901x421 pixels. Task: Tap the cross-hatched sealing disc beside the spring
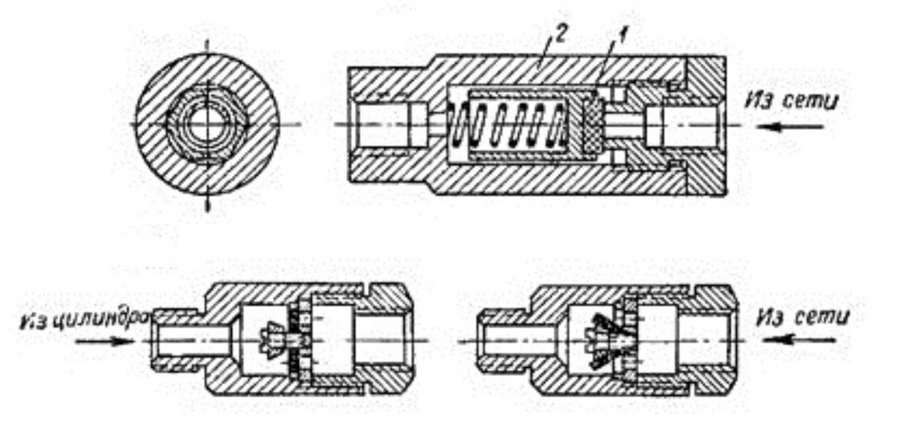[592, 126]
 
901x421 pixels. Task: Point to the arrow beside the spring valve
[790, 127]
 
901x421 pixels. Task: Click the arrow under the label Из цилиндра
[105, 341]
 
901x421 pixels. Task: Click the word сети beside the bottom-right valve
[822, 318]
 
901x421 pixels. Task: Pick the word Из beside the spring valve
[760, 102]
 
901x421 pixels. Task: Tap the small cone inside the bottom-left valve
[273, 341]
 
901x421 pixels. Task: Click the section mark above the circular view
[207, 47]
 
